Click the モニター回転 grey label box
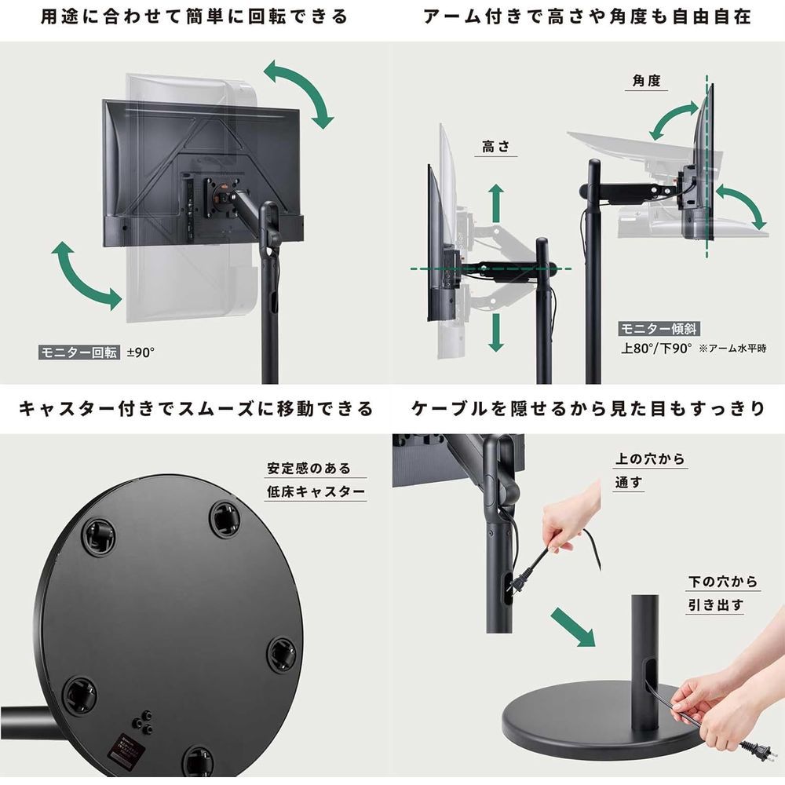(x=79, y=352)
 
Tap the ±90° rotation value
(x=141, y=352)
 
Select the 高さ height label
(x=495, y=147)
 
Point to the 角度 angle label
(x=646, y=81)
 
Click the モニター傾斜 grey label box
(x=659, y=329)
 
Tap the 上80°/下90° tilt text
(x=656, y=349)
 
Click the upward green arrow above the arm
(x=496, y=203)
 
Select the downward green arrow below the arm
(x=496, y=333)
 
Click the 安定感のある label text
(x=309, y=469)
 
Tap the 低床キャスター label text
(x=316, y=491)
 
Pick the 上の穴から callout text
(x=650, y=459)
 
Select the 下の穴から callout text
(x=723, y=582)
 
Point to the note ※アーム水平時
(x=732, y=349)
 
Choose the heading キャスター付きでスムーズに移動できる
(x=196, y=409)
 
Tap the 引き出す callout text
(x=716, y=605)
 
